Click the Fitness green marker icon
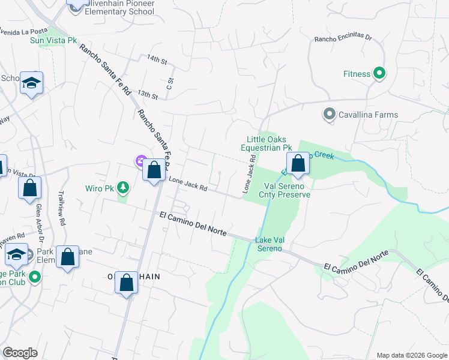click(379, 74)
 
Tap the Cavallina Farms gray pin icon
click(329, 114)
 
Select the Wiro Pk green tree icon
click(123, 188)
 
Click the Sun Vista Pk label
click(54, 41)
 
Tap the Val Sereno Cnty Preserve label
click(285, 190)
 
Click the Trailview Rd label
click(61, 208)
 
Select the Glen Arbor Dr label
click(39, 219)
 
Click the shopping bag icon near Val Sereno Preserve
click(298, 164)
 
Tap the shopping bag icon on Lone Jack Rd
click(154, 170)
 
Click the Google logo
click(20, 353)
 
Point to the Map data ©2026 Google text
click(411, 355)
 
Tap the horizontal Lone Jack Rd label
click(188, 184)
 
